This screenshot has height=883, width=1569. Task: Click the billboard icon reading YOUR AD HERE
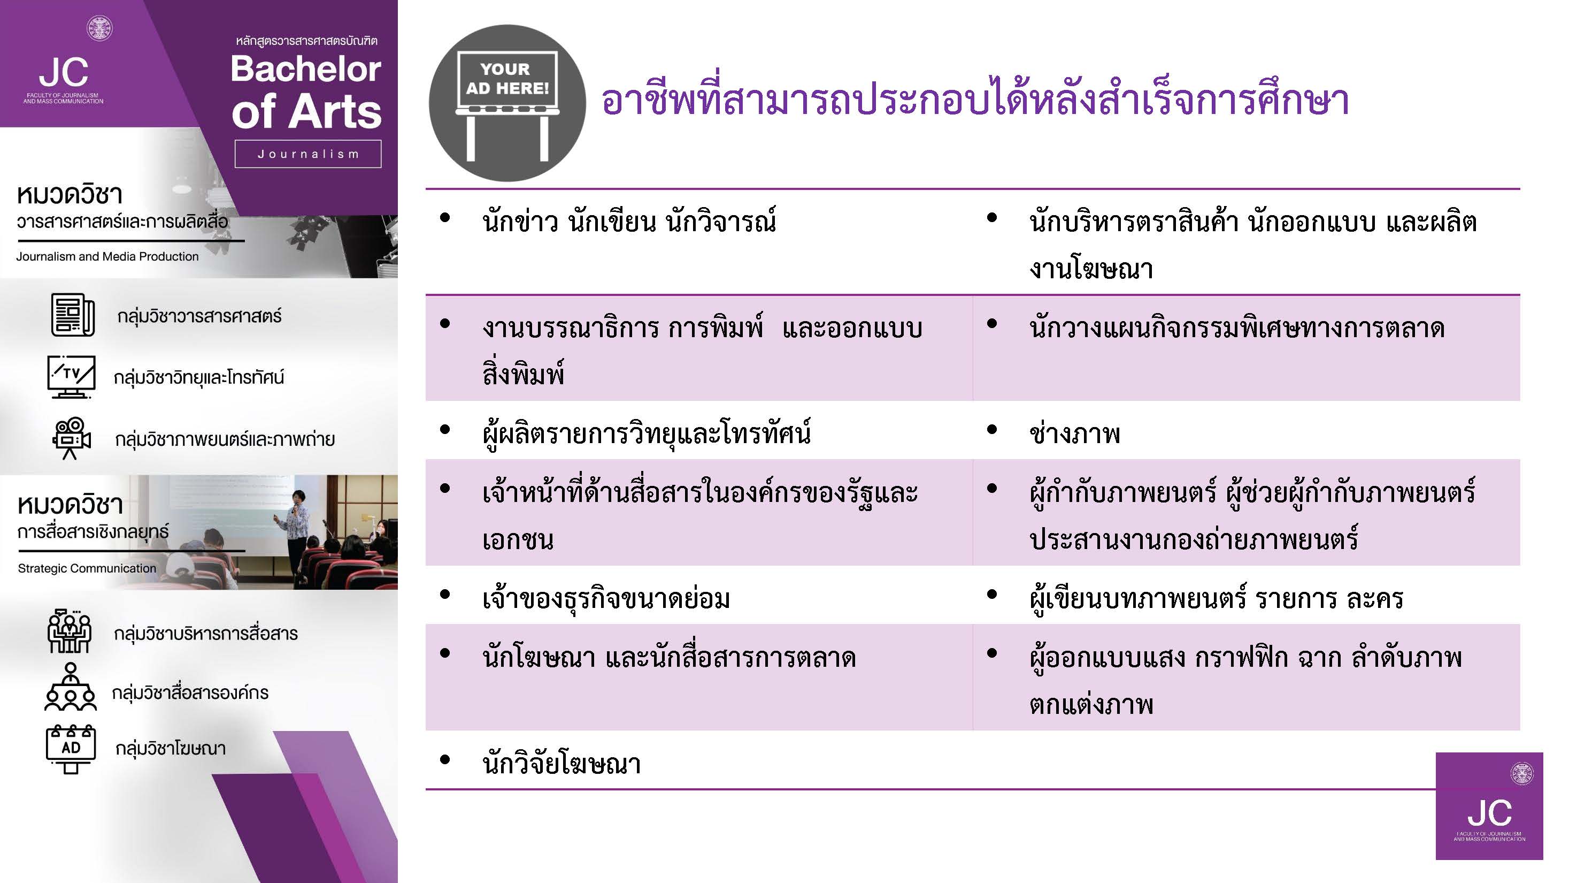click(507, 103)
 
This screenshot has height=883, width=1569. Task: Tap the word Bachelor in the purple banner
click(306, 69)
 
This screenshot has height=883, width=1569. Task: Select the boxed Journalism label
click(308, 154)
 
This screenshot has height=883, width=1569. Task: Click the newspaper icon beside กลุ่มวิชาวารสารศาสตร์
click(73, 315)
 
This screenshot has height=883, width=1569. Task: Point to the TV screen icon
click(71, 377)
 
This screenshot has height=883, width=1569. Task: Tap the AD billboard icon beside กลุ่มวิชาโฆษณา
click(71, 749)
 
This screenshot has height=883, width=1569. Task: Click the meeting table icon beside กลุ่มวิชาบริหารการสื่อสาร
click(70, 631)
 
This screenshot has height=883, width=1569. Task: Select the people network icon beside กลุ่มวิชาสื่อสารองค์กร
click(71, 687)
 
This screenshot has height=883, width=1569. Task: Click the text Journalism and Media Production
click(107, 256)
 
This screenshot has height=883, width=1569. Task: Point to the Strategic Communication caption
click(87, 568)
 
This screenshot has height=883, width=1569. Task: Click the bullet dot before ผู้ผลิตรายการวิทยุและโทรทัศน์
click(445, 430)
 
